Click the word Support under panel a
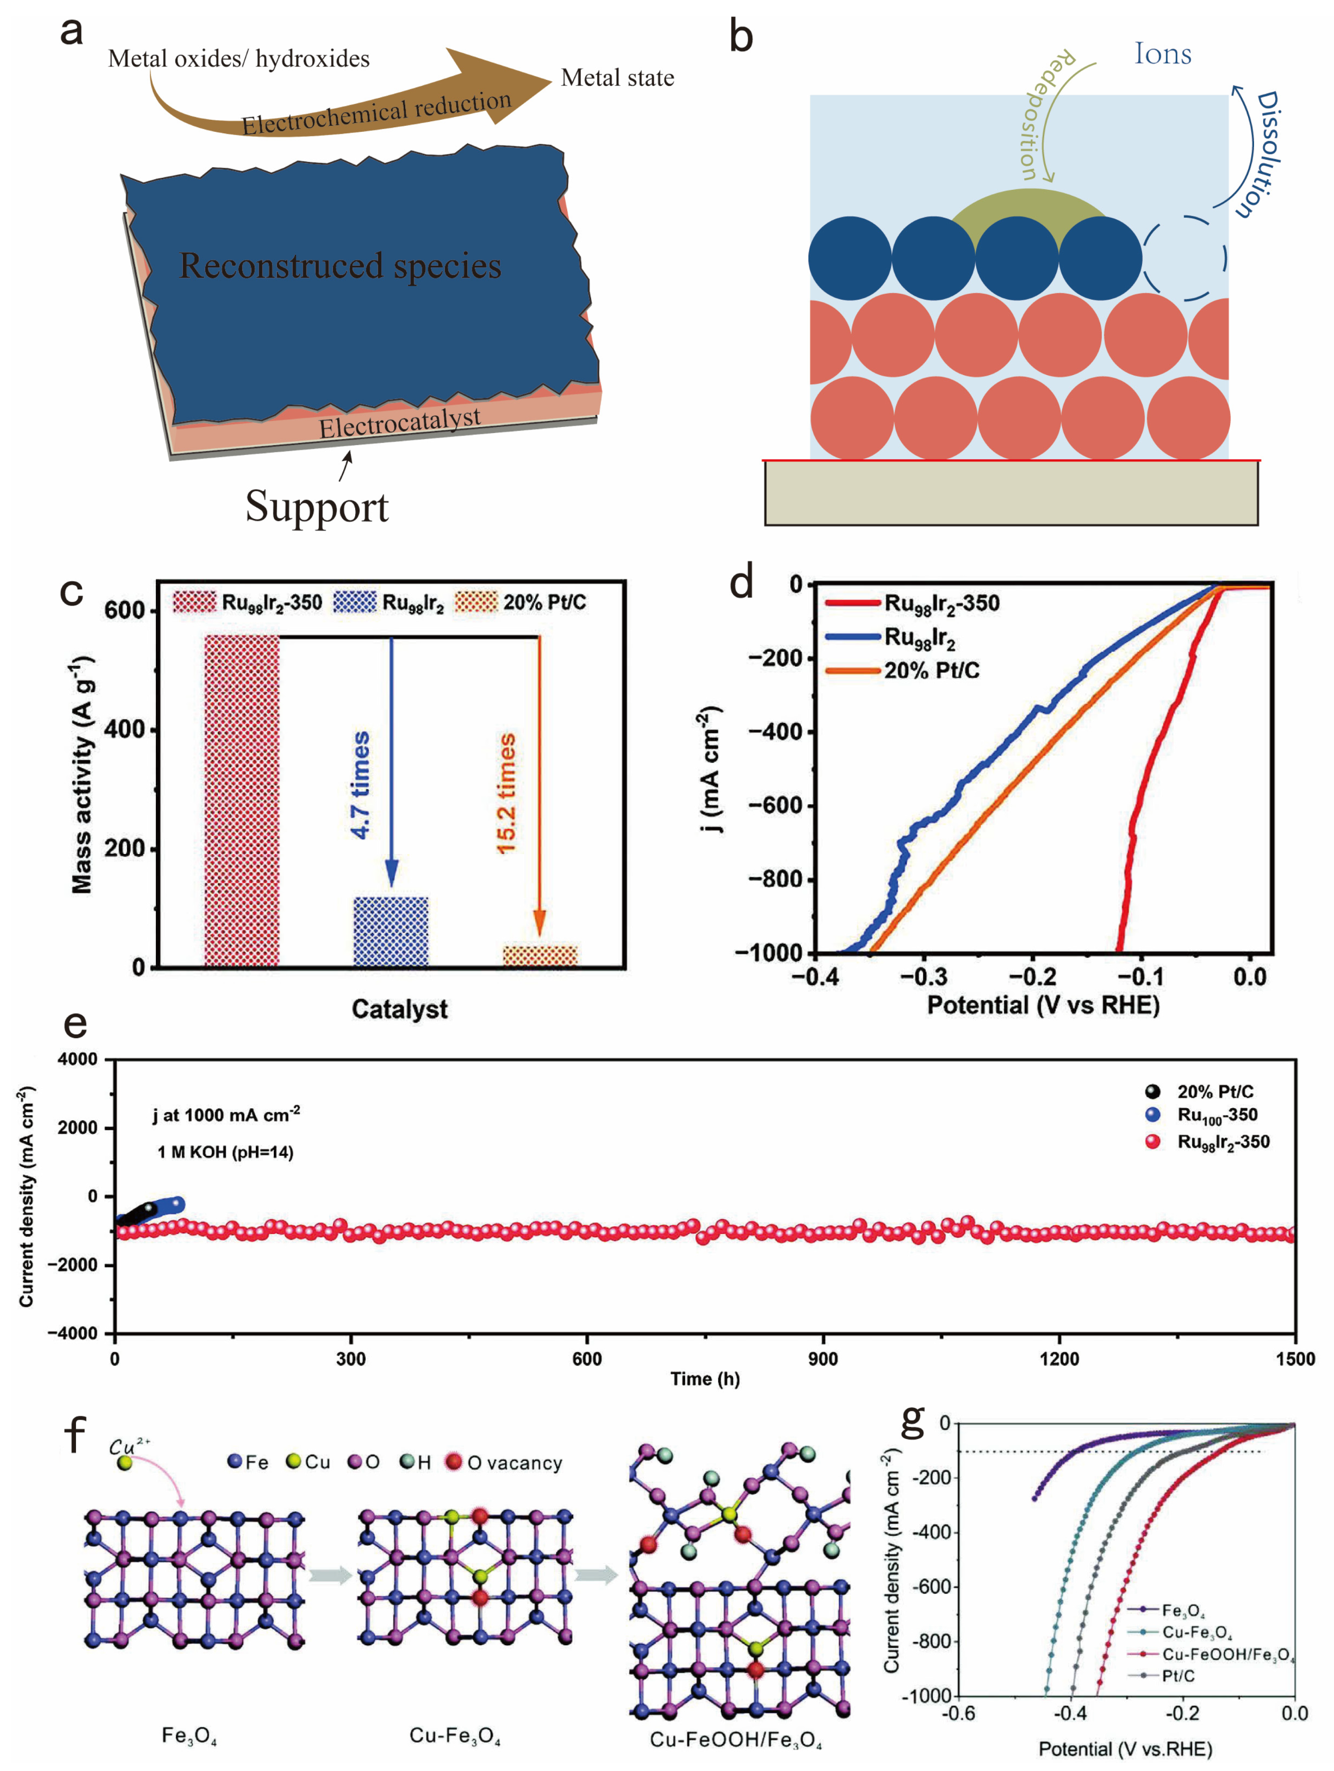[x=317, y=507]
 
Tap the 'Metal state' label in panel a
[x=618, y=77]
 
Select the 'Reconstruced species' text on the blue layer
[x=340, y=266]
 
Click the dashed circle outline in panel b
[x=1184, y=259]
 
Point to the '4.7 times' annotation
[x=361, y=785]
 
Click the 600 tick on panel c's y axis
[x=124, y=611]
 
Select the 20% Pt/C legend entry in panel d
[x=931, y=671]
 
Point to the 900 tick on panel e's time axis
[x=822, y=1358]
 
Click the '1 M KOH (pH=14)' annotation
[x=225, y=1152]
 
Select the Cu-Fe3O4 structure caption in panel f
[x=455, y=1736]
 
